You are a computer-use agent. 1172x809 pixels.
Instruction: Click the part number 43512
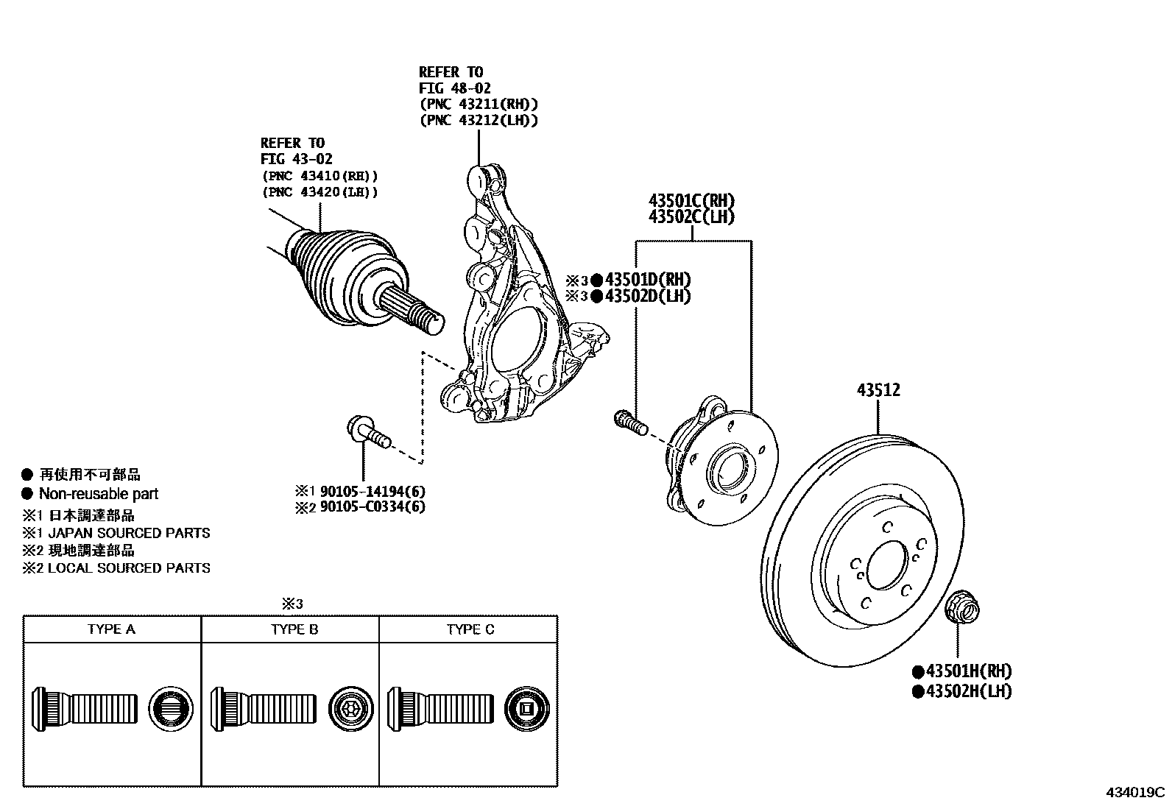point(878,391)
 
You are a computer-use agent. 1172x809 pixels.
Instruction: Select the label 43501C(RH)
point(691,200)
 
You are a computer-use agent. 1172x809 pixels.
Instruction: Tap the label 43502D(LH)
point(648,296)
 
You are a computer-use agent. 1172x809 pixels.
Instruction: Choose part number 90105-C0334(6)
point(371,506)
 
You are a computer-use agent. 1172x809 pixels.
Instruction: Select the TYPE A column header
point(111,629)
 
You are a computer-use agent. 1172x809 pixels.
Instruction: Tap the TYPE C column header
point(470,629)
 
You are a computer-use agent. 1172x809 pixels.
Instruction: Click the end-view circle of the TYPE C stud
point(527,709)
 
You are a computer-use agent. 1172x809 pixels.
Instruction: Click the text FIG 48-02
point(456,88)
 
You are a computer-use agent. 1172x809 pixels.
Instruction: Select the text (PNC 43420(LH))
point(320,192)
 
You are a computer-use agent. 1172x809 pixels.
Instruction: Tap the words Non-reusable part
point(98,494)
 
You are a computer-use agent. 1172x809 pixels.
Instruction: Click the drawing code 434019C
point(1134,793)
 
